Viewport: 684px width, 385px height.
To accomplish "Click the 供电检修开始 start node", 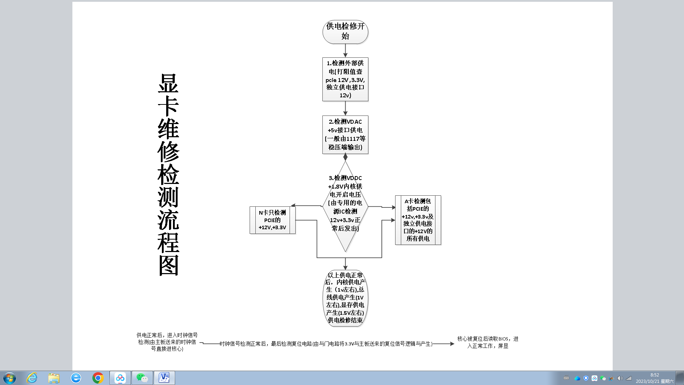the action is click(x=345, y=32).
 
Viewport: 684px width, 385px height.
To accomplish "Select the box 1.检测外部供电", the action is click(x=345, y=79).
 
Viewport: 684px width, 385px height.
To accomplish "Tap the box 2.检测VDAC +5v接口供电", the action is click(x=345, y=134).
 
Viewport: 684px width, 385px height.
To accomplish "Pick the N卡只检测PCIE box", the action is click(x=272, y=220).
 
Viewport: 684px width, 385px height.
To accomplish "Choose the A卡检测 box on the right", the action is click(x=418, y=220).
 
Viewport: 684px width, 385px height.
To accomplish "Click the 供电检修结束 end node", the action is click(x=345, y=298).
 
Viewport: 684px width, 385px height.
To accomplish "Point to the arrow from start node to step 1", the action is click(x=345, y=51).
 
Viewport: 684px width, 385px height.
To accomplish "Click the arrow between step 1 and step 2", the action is click(x=345, y=108).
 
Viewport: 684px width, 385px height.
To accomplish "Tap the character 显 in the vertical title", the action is click(x=168, y=83).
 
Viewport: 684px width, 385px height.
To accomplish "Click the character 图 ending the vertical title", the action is click(x=168, y=266).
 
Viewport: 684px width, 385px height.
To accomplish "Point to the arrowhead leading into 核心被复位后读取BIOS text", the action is click(x=452, y=344).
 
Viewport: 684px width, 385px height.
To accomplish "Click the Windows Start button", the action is click(x=10, y=378).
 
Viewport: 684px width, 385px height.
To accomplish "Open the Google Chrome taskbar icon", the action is click(x=98, y=378).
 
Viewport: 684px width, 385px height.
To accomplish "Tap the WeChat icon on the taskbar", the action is click(x=142, y=378).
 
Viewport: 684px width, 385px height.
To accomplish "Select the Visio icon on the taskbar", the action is click(x=164, y=378).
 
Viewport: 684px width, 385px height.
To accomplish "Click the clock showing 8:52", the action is click(x=655, y=375).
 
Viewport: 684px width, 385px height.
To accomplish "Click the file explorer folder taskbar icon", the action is click(x=54, y=378).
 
